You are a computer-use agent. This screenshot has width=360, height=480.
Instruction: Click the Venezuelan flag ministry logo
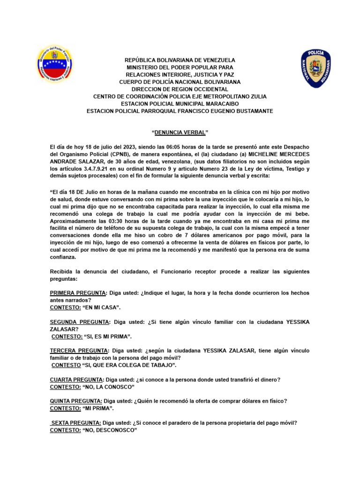coord(56,65)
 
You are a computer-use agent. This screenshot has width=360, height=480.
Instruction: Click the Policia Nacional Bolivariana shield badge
coord(315,69)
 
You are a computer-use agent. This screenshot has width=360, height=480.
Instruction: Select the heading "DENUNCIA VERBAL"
coord(180,133)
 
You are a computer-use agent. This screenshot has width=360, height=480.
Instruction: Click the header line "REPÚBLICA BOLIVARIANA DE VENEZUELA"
coord(180,60)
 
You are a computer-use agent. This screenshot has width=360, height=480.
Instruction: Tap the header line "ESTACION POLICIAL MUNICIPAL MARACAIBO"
coord(180,104)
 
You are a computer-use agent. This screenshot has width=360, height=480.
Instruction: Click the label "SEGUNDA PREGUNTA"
coord(79,322)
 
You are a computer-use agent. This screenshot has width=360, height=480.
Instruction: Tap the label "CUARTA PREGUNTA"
coord(76,380)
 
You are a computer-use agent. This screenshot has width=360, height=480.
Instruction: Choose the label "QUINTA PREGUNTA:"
coord(76,401)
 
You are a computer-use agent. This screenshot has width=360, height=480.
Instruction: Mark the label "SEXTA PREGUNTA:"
coord(76,422)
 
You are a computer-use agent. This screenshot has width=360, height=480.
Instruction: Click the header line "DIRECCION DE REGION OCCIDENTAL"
coord(180,89)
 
